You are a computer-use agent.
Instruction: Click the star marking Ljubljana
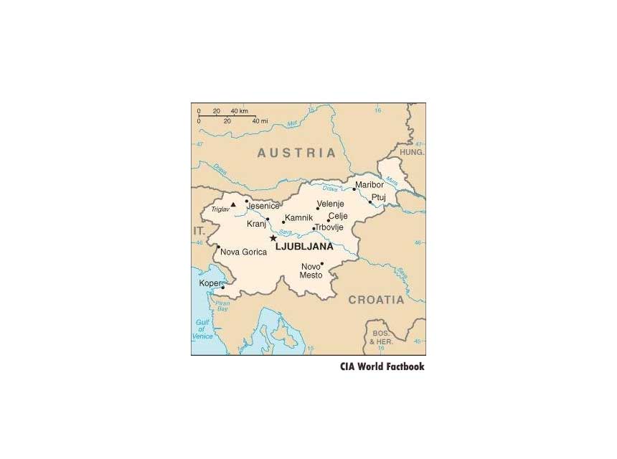click(x=273, y=238)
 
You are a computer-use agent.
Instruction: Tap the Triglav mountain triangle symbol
click(x=232, y=204)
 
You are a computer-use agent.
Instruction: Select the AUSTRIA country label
click(x=296, y=153)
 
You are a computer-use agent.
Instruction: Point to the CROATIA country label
click(x=376, y=300)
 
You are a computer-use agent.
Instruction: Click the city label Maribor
click(x=369, y=185)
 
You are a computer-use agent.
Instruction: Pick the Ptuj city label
click(x=378, y=197)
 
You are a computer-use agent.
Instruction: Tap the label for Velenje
click(x=330, y=204)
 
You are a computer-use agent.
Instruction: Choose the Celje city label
click(x=337, y=216)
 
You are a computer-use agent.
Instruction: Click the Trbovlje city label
click(x=329, y=227)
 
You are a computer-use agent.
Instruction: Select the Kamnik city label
click(x=298, y=217)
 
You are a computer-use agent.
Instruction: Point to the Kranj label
click(x=256, y=224)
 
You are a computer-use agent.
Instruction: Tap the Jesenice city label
click(x=263, y=207)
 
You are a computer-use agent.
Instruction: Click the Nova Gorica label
click(x=243, y=252)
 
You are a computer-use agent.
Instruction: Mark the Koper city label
click(x=209, y=283)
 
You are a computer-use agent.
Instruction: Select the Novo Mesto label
click(x=311, y=271)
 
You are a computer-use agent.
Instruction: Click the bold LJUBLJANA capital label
click(x=304, y=246)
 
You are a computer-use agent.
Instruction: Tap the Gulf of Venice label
click(x=203, y=329)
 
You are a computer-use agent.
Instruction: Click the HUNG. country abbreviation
click(x=412, y=153)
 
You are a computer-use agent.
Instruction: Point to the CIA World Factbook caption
click(x=382, y=366)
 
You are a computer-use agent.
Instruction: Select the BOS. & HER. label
click(x=382, y=339)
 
